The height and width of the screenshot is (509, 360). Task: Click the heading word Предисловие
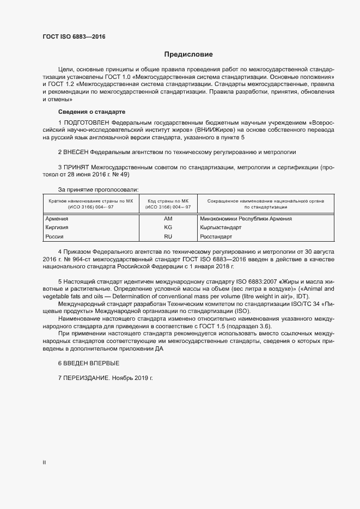tap(189, 54)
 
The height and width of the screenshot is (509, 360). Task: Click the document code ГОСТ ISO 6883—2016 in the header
tap(74, 36)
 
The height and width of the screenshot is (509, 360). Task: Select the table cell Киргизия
tap(57, 228)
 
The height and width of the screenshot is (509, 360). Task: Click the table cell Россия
tap(54, 237)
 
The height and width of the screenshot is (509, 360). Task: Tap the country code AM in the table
tap(168, 219)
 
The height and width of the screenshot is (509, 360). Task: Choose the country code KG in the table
tap(168, 228)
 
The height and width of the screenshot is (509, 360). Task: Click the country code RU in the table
tap(168, 237)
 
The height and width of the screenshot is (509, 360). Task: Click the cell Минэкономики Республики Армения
tap(246, 219)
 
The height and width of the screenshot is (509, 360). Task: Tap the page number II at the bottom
tap(45, 463)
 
